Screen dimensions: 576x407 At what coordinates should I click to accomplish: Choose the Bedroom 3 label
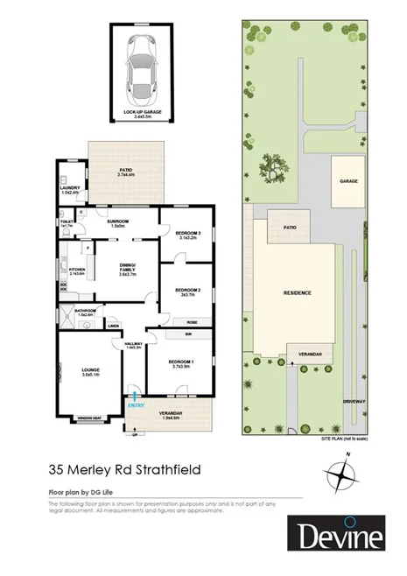coord(188,234)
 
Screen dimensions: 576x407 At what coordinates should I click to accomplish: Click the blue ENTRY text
coord(135,404)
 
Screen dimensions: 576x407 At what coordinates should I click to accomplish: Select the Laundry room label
coord(70,189)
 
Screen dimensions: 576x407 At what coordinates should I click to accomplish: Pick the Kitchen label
coord(75,270)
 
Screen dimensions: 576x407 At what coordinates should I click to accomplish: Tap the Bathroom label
coord(85,311)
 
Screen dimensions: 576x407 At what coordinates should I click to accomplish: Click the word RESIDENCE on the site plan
coord(298,292)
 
